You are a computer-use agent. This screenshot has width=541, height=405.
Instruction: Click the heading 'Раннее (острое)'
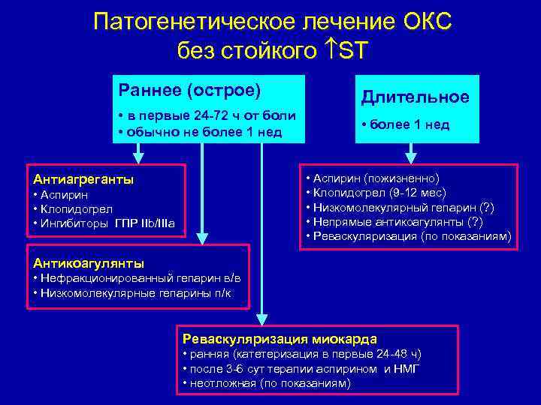(x=190, y=91)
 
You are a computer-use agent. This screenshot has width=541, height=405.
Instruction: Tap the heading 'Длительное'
(x=415, y=97)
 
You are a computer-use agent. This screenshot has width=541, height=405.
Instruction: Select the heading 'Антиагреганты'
(x=83, y=179)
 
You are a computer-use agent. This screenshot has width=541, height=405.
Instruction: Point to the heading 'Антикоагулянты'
(x=89, y=262)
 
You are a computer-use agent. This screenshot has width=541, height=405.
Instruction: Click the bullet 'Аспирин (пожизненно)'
(x=376, y=178)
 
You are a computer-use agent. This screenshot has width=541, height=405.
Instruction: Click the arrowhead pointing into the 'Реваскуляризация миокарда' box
(x=261, y=319)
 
